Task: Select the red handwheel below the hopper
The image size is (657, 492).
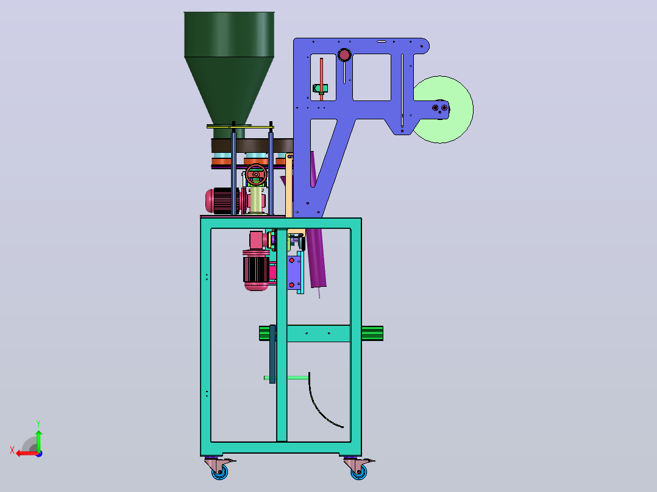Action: tap(256, 175)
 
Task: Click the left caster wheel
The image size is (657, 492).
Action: tap(219, 473)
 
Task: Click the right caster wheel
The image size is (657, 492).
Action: tap(358, 473)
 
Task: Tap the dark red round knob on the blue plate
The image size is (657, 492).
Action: tap(344, 55)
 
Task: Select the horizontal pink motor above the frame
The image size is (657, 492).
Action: tap(222, 201)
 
